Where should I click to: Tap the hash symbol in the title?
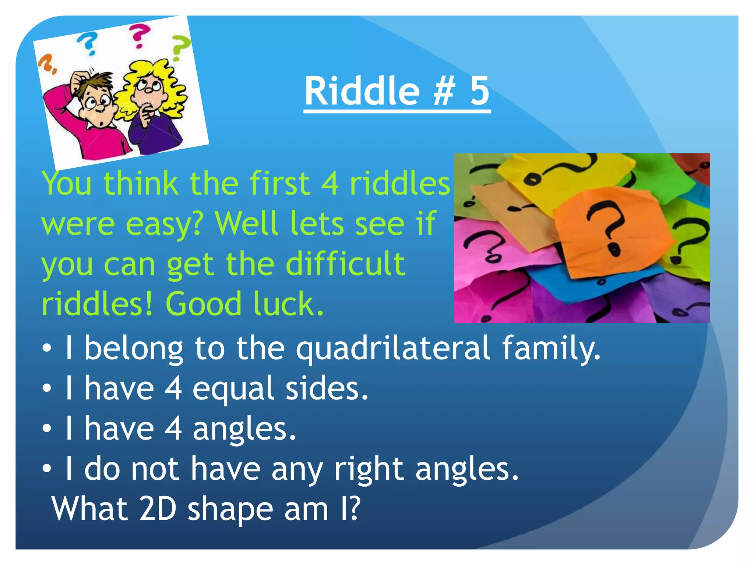coord(444,91)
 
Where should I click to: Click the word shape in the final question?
coord(230,510)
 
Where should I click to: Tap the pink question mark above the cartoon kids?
coord(139,36)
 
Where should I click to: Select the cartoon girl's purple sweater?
coord(155,132)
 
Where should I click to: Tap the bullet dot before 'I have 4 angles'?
coord(47,429)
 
